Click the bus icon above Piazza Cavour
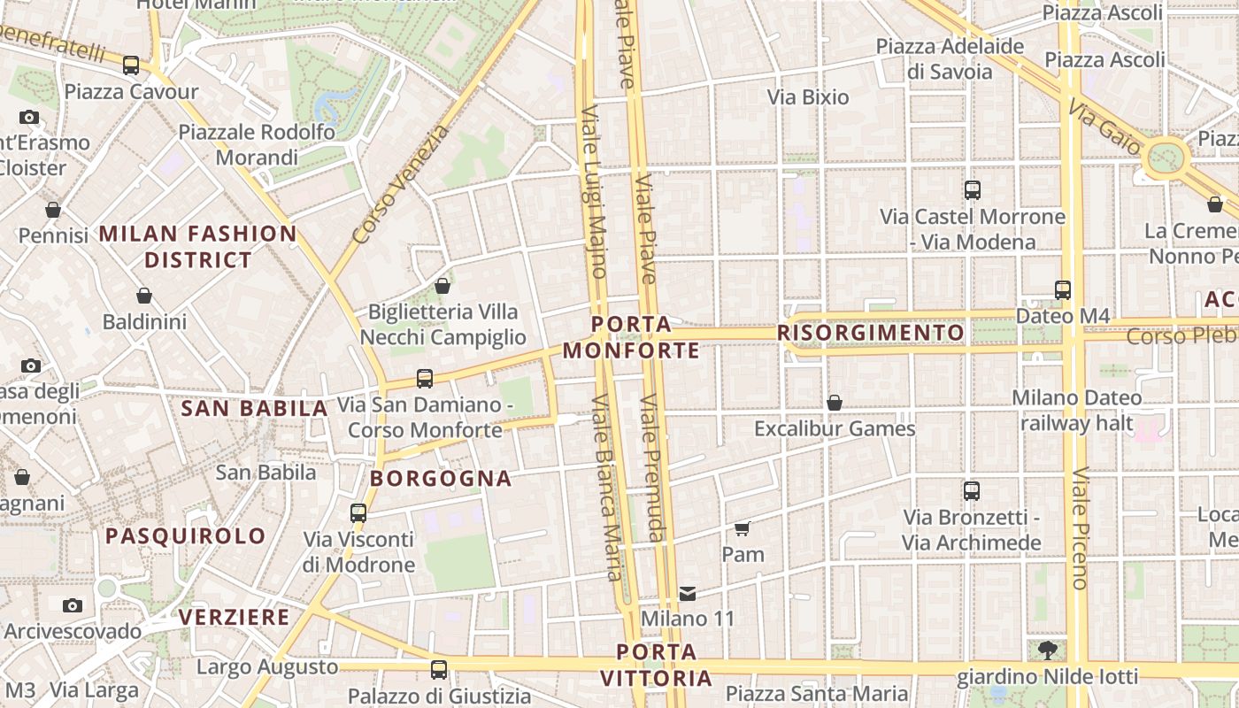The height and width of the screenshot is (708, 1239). (131, 65)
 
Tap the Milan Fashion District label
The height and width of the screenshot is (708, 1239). (198, 247)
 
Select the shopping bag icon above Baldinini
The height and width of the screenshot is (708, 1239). (144, 296)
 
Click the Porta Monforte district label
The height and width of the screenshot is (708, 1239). (631, 337)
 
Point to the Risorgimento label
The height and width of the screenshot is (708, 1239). (871, 333)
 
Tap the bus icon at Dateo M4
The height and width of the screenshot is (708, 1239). (1063, 290)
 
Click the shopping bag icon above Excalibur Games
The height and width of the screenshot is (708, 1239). (834, 404)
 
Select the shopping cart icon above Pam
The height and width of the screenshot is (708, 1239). (743, 529)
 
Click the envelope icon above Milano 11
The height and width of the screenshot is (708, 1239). (688, 593)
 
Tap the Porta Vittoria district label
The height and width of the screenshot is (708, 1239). (657, 666)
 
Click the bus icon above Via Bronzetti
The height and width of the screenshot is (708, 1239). (972, 490)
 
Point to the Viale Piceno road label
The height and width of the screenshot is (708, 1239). (1080, 528)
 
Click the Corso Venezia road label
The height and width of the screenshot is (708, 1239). (400, 185)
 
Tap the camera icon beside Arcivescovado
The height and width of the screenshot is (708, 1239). (73, 605)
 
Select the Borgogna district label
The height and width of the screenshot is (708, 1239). (441, 479)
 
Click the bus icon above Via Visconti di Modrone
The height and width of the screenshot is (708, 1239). (358, 512)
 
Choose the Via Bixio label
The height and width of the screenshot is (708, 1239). (808, 97)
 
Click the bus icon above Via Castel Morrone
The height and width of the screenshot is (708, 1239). (973, 189)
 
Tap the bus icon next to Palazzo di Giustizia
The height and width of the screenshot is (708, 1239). (439, 669)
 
